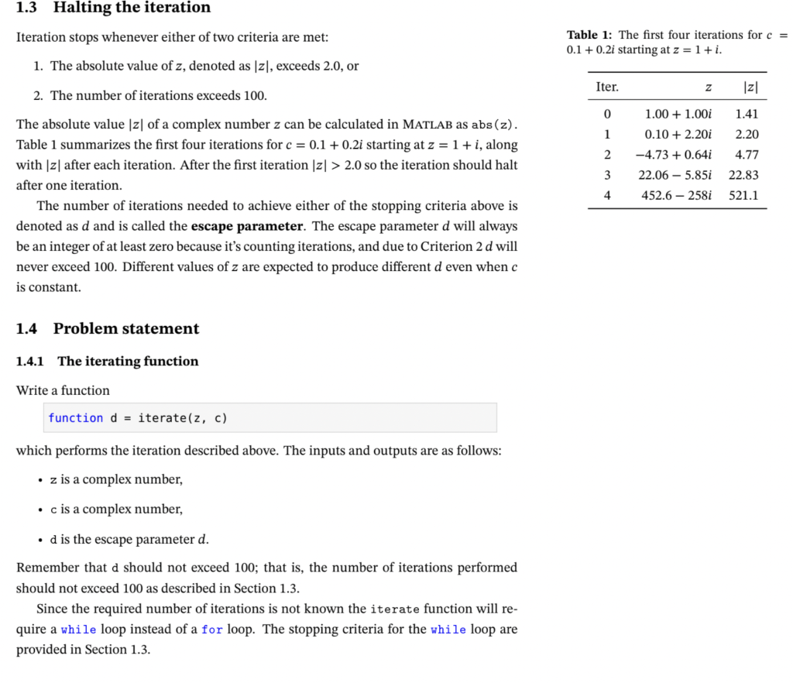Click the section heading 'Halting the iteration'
pos(132,9)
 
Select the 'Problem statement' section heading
pos(125,328)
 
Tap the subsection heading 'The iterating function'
pos(128,361)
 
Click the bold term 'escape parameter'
pos(246,226)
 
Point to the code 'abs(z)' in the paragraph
pos(493,125)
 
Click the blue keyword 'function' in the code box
pos(75,418)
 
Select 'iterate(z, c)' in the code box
pos(182,418)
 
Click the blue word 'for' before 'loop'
pos(211,629)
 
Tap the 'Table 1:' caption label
pos(590,35)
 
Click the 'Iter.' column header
pos(607,88)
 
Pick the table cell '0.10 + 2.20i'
pos(678,134)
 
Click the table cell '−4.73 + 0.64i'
pos(674,154)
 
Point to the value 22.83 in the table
pos(743,175)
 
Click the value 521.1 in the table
pos(743,195)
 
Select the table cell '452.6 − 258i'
pos(676,195)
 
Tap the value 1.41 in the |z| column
pos(747,114)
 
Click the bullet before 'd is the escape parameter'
pos(39,540)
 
